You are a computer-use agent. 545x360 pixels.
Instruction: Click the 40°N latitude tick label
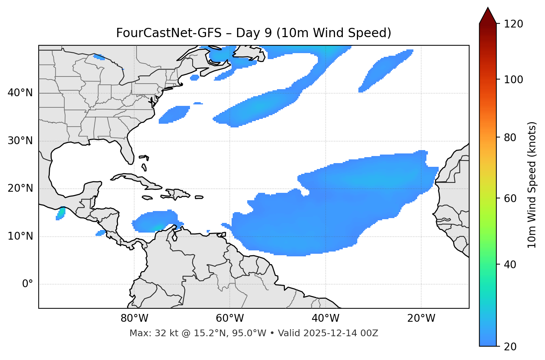[20, 93]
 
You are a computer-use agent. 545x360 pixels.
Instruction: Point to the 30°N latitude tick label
[20, 141]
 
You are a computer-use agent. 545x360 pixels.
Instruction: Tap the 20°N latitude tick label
[20, 188]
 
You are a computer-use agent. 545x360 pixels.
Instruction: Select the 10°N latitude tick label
[20, 236]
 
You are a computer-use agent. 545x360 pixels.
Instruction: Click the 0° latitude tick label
[28, 284]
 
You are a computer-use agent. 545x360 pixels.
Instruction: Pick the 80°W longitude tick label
[134, 318]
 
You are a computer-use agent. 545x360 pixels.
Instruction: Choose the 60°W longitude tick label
[230, 318]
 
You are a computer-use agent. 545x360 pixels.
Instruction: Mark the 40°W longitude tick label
[325, 318]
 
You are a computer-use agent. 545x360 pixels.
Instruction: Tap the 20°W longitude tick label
[421, 318]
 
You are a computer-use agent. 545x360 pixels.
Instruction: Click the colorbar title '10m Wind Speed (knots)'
[532, 185]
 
